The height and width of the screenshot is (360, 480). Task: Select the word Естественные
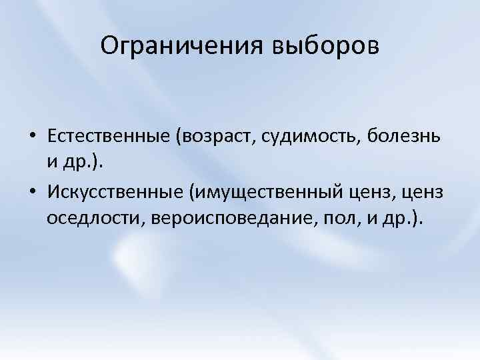[111, 136]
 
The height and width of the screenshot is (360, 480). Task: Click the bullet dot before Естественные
[33, 137]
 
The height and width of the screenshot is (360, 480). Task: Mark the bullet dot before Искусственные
[33, 193]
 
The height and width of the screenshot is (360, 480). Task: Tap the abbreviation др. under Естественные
[76, 164]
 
